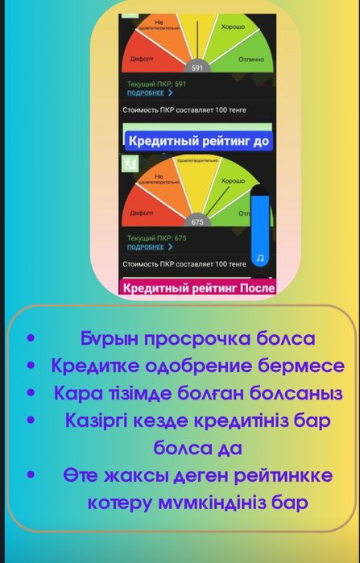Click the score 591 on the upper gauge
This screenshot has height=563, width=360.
click(197, 68)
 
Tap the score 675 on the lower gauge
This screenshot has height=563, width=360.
click(197, 221)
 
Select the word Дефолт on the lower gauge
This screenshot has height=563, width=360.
click(142, 213)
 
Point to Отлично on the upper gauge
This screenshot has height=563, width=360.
click(251, 59)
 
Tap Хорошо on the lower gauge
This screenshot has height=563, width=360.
click(233, 181)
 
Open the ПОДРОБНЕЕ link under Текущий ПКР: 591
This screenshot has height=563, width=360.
click(150, 93)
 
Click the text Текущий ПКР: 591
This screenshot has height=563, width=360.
click(156, 84)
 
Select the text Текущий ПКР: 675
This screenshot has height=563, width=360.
click(156, 238)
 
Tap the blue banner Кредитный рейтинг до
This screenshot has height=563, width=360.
click(197, 140)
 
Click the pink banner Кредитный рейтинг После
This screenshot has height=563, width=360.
click(197, 288)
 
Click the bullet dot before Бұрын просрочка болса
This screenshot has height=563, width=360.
click(31, 339)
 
